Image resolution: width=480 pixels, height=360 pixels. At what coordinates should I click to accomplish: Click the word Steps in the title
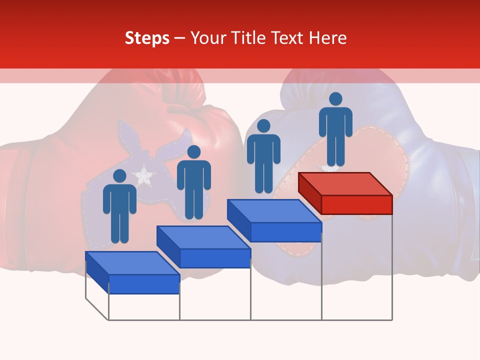[147, 38]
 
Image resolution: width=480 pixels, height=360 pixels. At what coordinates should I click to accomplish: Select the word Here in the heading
[328, 38]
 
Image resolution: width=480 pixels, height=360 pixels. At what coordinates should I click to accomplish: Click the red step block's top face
[345, 183]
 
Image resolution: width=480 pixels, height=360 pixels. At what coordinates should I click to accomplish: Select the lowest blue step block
[132, 272]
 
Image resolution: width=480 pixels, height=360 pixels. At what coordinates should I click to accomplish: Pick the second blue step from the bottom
[203, 246]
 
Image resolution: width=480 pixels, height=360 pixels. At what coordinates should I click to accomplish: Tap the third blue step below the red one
[274, 220]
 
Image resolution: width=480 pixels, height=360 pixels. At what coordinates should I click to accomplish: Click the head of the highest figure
[335, 99]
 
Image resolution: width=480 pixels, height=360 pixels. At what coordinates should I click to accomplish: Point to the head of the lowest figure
[119, 176]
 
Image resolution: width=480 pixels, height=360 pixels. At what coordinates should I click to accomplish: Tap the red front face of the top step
[356, 204]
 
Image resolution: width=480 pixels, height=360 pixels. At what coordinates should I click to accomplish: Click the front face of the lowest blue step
[144, 284]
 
